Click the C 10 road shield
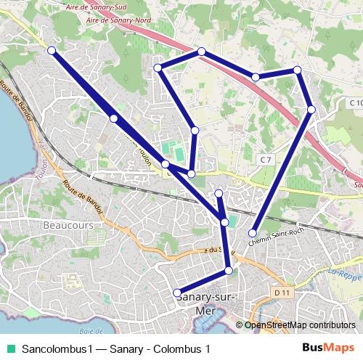point(355,103)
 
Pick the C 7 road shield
point(266,158)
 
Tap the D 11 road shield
point(284,293)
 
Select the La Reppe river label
point(344,275)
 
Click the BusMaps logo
point(329,348)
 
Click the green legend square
point(10,348)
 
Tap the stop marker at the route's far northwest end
point(52,50)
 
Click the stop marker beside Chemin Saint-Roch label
point(253,233)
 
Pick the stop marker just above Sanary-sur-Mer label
point(177,293)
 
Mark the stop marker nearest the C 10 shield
point(311,109)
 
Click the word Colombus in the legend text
point(176,348)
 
